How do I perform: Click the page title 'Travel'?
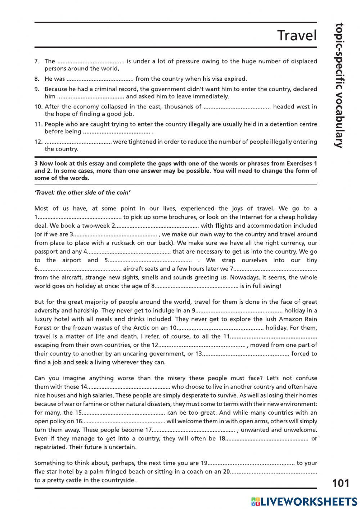(x=297, y=36)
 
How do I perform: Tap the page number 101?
(x=341, y=483)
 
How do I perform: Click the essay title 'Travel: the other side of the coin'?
(x=82, y=192)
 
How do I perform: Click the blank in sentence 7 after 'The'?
(x=90, y=62)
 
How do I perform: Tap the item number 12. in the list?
(x=39, y=142)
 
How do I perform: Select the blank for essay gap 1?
(x=80, y=217)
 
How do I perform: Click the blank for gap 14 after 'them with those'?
(x=129, y=387)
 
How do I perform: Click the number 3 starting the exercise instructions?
(x=36, y=164)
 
